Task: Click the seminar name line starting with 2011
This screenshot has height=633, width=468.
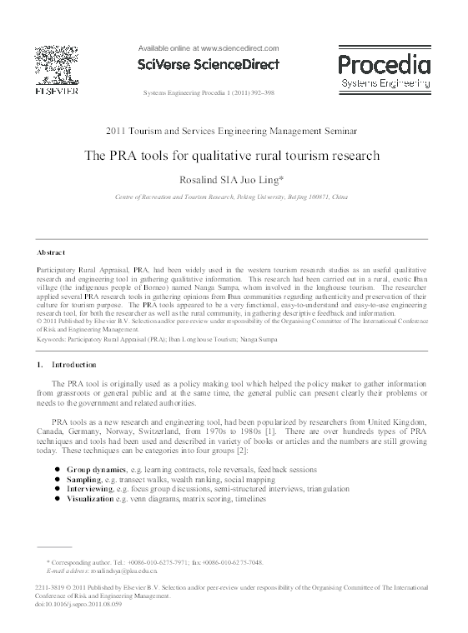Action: click(233, 131)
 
